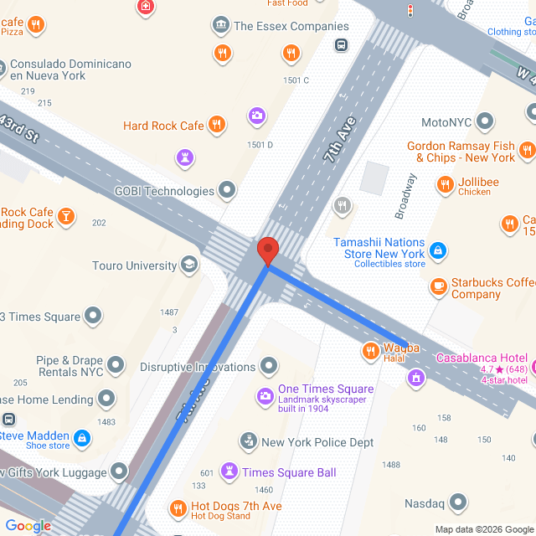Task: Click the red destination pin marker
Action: (x=267, y=250)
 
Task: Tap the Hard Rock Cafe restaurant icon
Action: (x=217, y=125)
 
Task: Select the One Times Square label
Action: (x=326, y=389)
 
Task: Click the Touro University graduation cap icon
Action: (x=190, y=265)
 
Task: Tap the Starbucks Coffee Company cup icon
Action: (x=438, y=287)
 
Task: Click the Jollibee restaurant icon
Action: (x=445, y=183)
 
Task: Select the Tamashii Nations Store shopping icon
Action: (x=438, y=249)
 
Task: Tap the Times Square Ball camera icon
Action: (x=229, y=472)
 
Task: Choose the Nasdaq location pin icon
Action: (x=458, y=502)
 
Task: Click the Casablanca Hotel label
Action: (x=480, y=358)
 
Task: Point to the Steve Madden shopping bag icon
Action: (x=82, y=437)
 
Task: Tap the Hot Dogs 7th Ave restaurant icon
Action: (x=178, y=508)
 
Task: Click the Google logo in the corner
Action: (x=28, y=526)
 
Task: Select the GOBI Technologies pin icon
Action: (x=228, y=191)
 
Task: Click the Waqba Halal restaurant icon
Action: (x=369, y=351)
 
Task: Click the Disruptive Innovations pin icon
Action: (x=269, y=366)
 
